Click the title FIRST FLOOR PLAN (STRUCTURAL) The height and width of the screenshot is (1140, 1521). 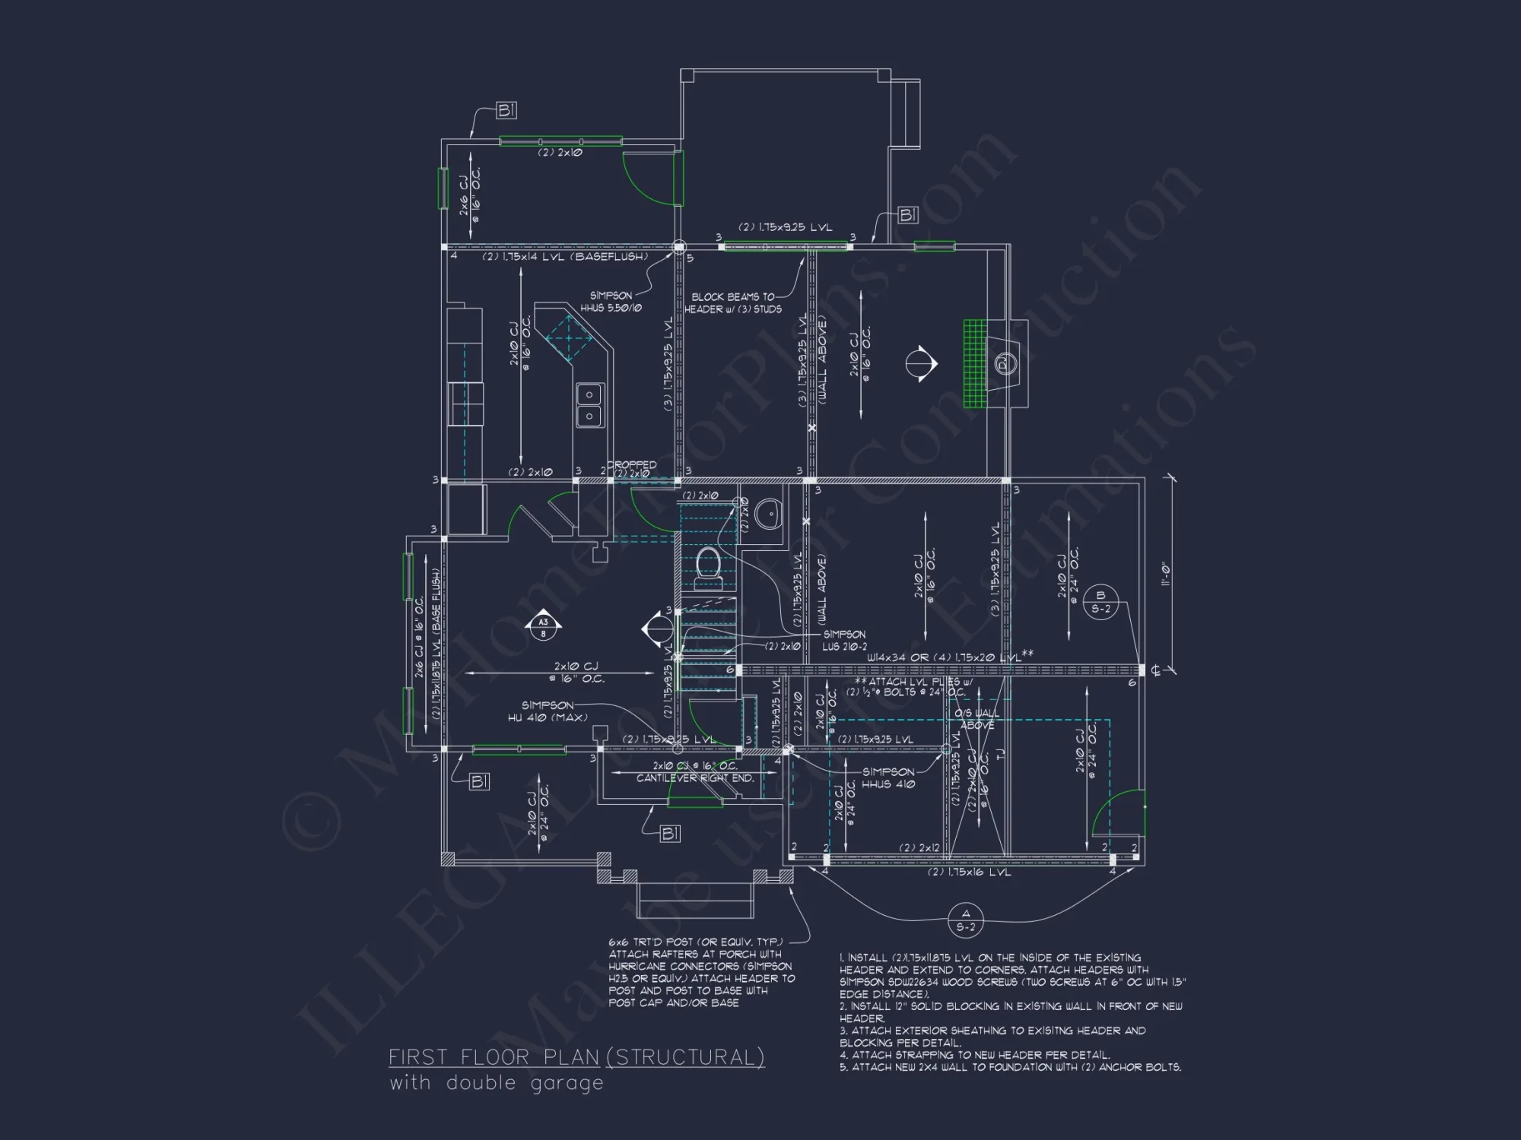point(576,1057)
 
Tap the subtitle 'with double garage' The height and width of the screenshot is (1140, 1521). point(496,1083)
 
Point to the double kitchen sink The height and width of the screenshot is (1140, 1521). point(589,405)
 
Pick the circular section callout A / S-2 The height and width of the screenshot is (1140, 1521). point(966,920)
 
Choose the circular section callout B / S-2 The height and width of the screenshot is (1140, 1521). point(1100,602)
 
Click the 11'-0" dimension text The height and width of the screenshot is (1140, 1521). point(1165,573)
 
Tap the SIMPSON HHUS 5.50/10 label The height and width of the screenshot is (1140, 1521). point(611,302)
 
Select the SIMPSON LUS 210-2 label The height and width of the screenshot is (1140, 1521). point(843,640)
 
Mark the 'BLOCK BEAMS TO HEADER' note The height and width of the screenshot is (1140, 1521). point(733,303)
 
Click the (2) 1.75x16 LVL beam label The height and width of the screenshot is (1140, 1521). point(968,872)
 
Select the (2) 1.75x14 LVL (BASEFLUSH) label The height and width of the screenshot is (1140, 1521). point(564,257)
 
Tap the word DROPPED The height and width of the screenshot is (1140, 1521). point(631,464)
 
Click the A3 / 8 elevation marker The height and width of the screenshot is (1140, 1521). point(543,626)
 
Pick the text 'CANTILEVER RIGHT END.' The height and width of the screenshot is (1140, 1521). point(695,778)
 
